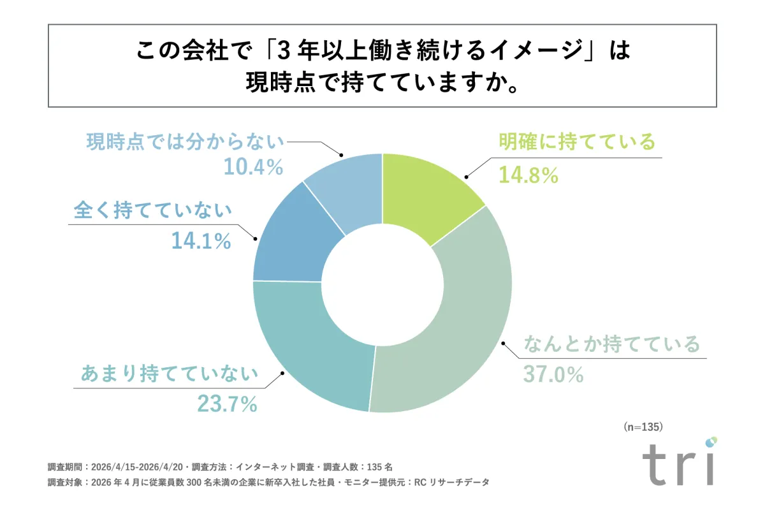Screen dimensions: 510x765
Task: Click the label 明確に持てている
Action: pyautogui.click(x=577, y=142)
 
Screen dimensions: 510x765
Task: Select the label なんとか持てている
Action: pyautogui.click(x=611, y=345)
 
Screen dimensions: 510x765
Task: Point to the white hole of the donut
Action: pyautogui.click(x=382, y=281)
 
